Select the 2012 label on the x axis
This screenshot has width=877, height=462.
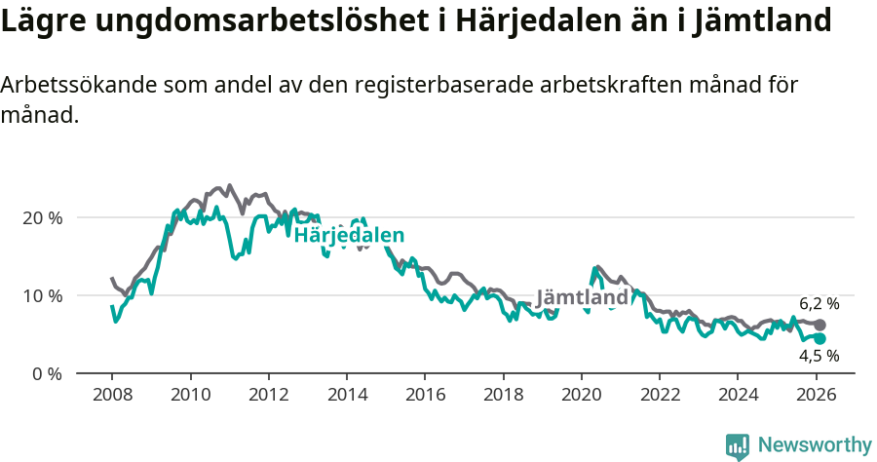coord(268,397)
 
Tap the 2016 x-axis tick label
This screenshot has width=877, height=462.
coord(425,397)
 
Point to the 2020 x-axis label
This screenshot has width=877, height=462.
coord(582,397)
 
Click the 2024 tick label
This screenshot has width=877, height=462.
coord(738,397)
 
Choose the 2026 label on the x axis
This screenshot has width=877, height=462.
coord(817,397)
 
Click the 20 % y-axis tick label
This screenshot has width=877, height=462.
coord(43,217)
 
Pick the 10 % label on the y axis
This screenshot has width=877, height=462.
coord(43,295)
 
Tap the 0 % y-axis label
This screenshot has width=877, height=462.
coord(47,373)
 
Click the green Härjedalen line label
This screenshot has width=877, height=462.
coord(349,235)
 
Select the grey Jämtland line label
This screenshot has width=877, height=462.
coord(582,297)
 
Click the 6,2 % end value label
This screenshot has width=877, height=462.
coord(819,303)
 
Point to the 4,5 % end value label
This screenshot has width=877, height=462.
coord(819,356)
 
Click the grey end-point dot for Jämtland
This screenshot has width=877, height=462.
coord(820,325)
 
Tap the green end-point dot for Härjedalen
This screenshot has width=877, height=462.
coord(820,338)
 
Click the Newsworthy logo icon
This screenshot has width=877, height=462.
coord(738,446)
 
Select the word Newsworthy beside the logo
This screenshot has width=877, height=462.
coord(815,445)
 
